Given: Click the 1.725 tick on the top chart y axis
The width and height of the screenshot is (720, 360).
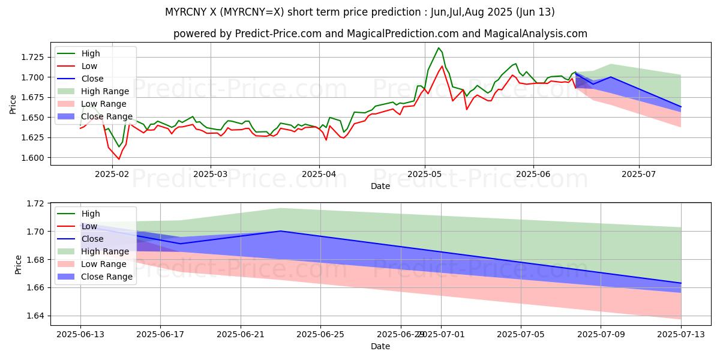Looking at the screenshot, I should pos(33,57).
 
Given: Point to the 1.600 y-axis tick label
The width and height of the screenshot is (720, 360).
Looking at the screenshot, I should pos(33,158).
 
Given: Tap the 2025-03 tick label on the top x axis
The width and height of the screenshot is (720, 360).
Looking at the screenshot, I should pos(211,175).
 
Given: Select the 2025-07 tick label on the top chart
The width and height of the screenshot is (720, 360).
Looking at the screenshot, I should pos(639,175).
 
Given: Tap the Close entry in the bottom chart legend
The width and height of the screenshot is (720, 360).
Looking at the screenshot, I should pos(92,239).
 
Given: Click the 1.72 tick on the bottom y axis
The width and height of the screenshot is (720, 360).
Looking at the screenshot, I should pos(37,203).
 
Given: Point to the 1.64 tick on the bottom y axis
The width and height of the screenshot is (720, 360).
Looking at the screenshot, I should pos(37,316).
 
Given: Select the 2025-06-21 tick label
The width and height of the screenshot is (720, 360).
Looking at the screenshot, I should pos(241,335).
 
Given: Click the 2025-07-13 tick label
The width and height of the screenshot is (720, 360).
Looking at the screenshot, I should pos(681,335).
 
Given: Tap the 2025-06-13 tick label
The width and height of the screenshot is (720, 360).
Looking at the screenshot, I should pos(80,335).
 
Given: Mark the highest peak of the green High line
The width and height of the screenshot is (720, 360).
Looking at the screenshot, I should pos(439,47).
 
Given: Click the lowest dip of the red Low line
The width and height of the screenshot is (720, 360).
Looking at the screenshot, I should pos(119,159).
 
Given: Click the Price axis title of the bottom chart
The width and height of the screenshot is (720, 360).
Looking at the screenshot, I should pos(18,263).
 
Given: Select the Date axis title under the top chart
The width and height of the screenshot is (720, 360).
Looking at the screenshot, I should pos(380,186).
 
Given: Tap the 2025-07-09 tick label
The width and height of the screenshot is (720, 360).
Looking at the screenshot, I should pos(601,335).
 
